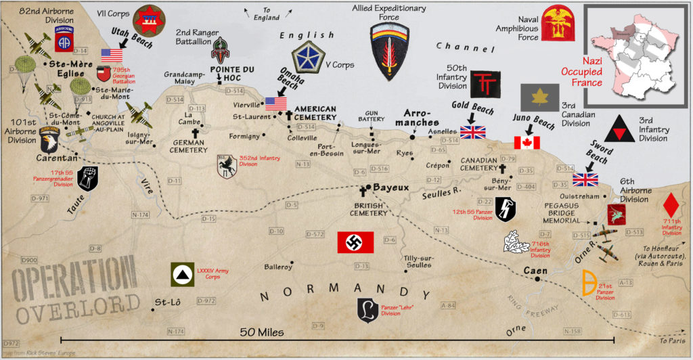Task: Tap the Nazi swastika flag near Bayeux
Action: click(x=355, y=243)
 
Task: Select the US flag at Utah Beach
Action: click(x=112, y=55)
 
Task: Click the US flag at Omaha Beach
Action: click(x=275, y=103)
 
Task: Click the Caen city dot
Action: click(x=537, y=279)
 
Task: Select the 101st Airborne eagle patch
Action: click(x=49, y=137)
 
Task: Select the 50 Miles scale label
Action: click(x=261, y=332)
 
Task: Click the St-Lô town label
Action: click(x=168, y=301)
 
